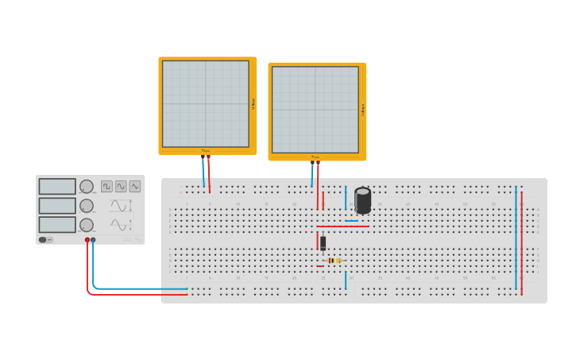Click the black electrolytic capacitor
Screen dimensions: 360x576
363,200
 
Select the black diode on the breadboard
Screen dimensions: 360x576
323,243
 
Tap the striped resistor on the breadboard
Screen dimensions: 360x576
334,261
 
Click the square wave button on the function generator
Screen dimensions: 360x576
106,186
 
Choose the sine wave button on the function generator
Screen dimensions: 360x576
121,186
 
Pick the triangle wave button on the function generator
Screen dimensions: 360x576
135,186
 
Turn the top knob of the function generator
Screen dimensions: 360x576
87,187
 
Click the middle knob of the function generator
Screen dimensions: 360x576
87,206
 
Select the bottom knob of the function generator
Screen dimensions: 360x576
87,225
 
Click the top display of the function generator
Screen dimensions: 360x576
57,187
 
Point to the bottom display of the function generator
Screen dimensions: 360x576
57,225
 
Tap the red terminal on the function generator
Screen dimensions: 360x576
87,239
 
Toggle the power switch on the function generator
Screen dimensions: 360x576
46,239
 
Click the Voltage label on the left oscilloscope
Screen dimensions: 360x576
253,104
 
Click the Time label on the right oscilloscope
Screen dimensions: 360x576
315,157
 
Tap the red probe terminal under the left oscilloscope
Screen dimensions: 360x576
209,157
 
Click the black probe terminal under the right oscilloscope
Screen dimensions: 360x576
312,163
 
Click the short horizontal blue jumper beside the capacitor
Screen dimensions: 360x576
351,221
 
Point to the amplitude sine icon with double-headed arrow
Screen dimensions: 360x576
122,206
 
